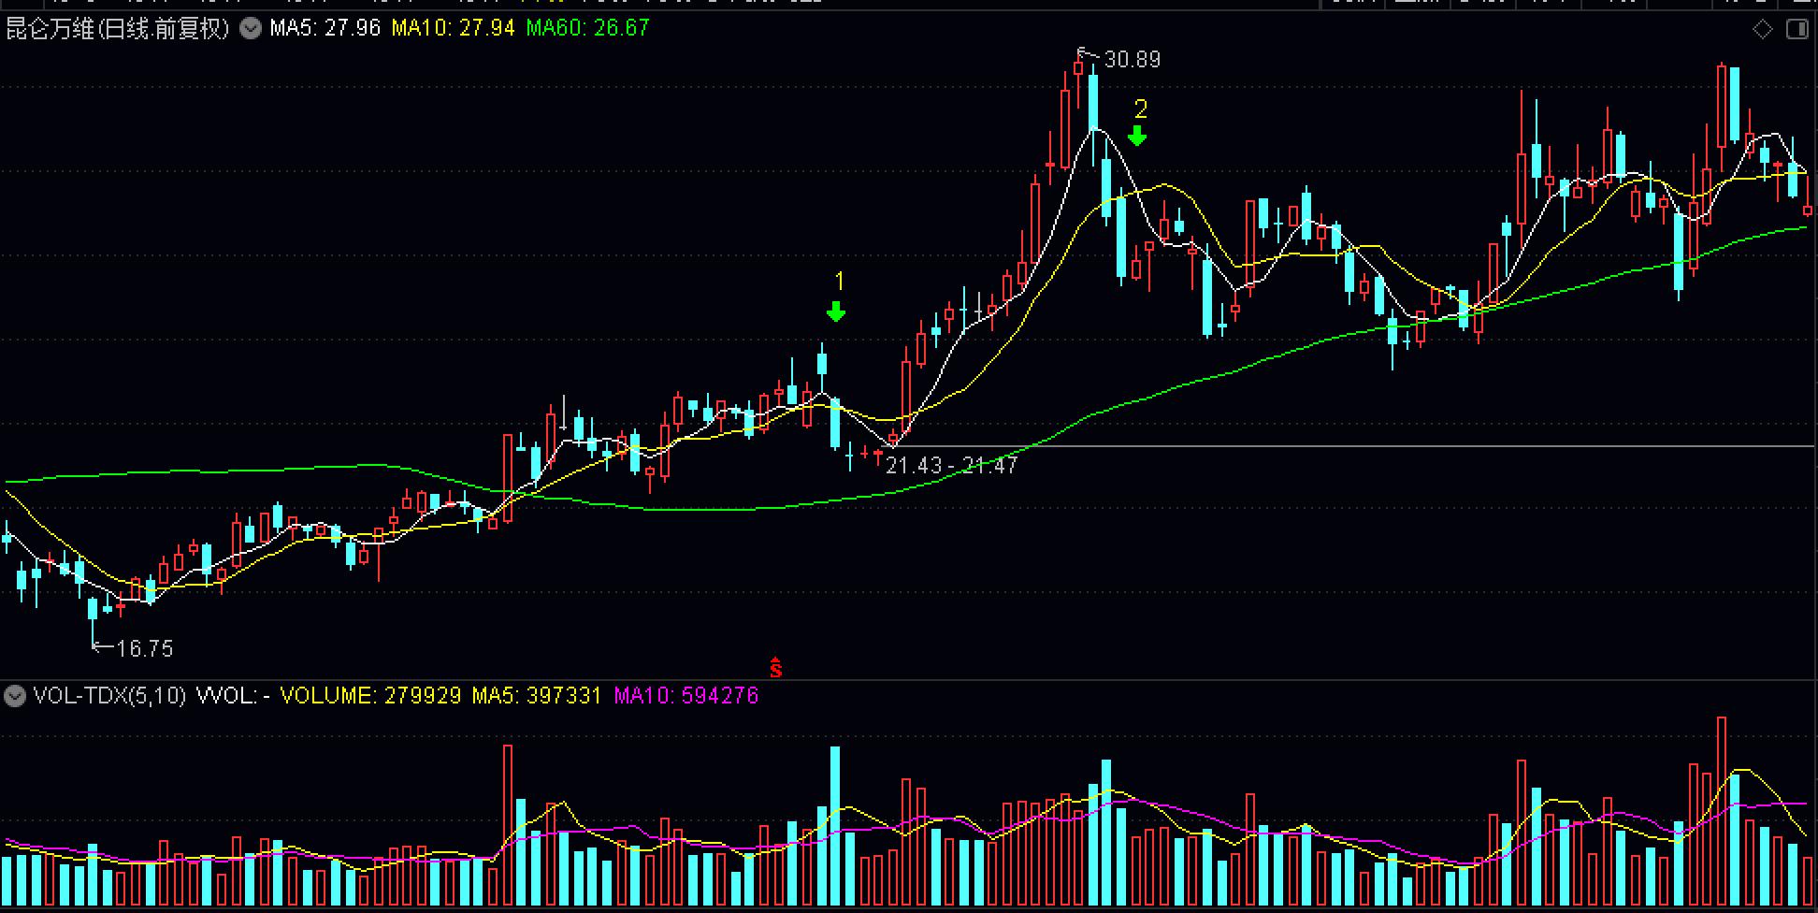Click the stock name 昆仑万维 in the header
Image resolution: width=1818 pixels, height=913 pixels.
tap(50, 28)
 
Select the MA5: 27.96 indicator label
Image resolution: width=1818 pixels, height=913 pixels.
tap(325, 28)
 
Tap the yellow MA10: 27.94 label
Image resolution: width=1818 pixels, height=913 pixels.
tap(453, 28)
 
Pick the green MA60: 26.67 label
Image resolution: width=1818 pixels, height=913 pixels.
tap(587, 28)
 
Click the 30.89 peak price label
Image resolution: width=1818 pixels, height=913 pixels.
tap(1132, 60)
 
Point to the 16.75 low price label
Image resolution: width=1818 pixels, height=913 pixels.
tap(145, 648)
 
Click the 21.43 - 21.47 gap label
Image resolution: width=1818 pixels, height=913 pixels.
tap(951, 465)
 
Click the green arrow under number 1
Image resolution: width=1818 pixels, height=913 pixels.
tap(836, 312)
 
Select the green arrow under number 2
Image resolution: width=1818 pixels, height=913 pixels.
tap(1137, 137)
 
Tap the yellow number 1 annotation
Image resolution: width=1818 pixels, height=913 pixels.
tap(839, 282)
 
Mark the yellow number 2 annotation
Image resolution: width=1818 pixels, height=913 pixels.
tap(1140, 109)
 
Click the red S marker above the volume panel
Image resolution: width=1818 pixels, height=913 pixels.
tap(775, 668)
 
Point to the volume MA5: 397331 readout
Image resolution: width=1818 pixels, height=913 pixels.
tap(536, 696)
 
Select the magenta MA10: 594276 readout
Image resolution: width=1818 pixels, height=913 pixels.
tap(685, 696)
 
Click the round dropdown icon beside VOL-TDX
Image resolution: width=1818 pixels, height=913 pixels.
tap(14, 696)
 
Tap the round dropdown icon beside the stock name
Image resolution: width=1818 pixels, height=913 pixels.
tap(251, 28)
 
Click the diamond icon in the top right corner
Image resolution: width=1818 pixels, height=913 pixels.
tap(1762, 29)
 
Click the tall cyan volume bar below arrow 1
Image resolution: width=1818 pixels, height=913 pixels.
tap(835, 823)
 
